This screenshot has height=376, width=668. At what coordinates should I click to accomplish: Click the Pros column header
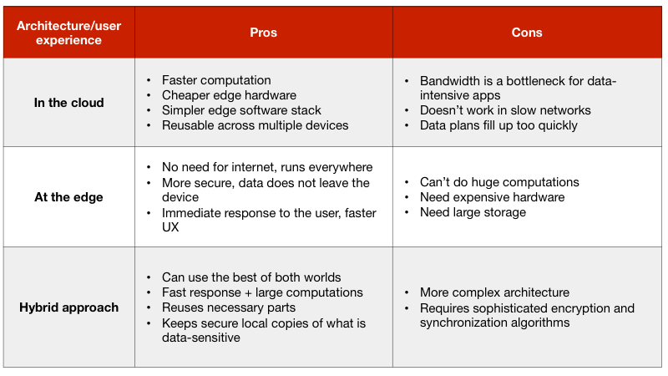pos(263,33)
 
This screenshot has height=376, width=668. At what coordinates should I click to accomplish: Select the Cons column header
pos(527,33)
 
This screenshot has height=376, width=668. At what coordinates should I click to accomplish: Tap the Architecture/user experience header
pos(68,33)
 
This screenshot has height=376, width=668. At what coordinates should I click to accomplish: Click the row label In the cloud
pos(68,103)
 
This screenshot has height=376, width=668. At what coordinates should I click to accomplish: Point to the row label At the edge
pos(68,197)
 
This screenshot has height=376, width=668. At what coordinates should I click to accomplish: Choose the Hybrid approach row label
pos(68,307)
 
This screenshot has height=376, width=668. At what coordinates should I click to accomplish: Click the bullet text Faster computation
pos(216,80)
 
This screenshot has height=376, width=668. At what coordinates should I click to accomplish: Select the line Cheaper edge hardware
pos(229,95)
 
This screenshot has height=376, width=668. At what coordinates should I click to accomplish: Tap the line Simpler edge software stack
pos(241,110)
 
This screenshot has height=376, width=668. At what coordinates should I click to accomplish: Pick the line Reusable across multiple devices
pos(255,125)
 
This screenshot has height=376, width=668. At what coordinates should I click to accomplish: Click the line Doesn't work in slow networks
pos(505,110)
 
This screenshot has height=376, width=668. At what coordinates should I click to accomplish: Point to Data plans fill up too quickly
pos(498,125)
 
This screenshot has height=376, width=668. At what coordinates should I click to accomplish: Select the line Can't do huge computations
pos(499,182)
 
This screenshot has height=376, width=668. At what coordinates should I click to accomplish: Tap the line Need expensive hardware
pos(492,197)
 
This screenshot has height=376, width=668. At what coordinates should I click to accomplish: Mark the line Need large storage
pos(473,212)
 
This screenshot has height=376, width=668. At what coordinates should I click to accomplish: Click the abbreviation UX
pos(170,227)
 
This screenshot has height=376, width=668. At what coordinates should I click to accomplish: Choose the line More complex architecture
pos(494,292)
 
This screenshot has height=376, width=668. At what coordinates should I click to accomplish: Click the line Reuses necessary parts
pos(228,307)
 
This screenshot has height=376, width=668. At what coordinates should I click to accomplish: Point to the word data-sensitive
pos(200,338)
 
